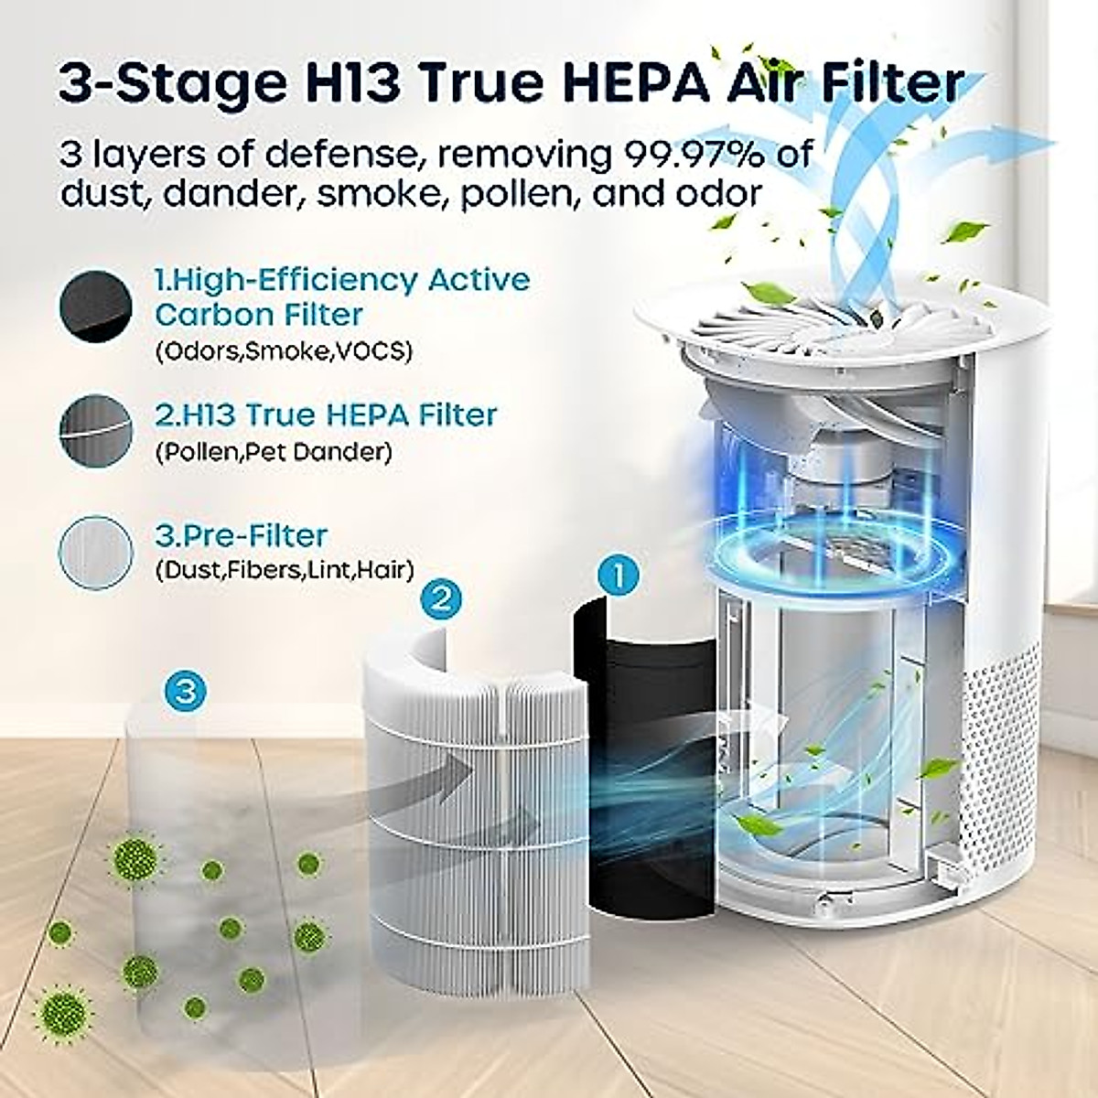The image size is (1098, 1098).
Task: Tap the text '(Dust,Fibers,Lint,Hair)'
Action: (x=285, y=570)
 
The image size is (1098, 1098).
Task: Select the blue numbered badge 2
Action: (x=441, y=599)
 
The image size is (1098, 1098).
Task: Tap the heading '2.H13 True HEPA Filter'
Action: (x=326, y=414)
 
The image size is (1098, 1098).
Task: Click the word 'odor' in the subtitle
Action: (x=714, y=194)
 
